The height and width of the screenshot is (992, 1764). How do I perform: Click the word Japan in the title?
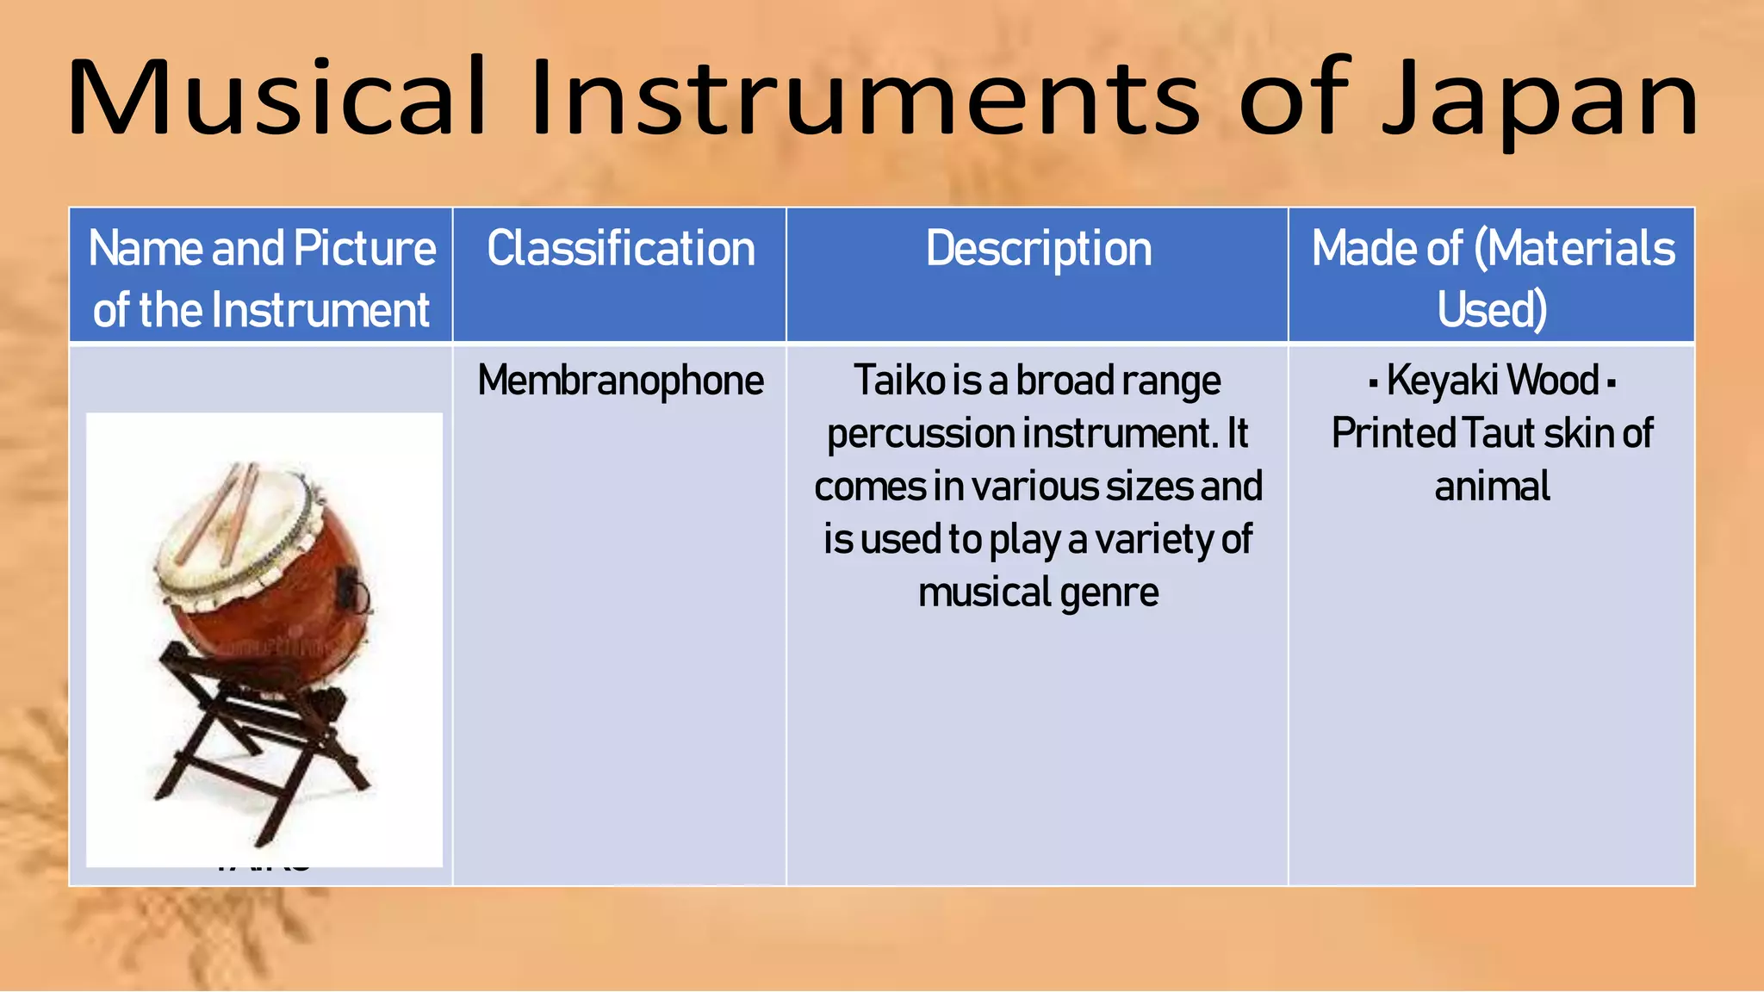(x=1540, y=99)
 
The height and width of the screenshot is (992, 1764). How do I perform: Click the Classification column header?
(x=620, y=249)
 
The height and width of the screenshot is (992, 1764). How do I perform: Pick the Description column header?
(x=1038, y=249)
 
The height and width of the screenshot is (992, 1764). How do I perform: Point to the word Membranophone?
(x=620, y=381)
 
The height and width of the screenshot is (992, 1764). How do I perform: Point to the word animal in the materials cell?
(x=1492, y=487)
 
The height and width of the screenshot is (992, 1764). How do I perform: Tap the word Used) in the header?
(x=1492, y=310)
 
